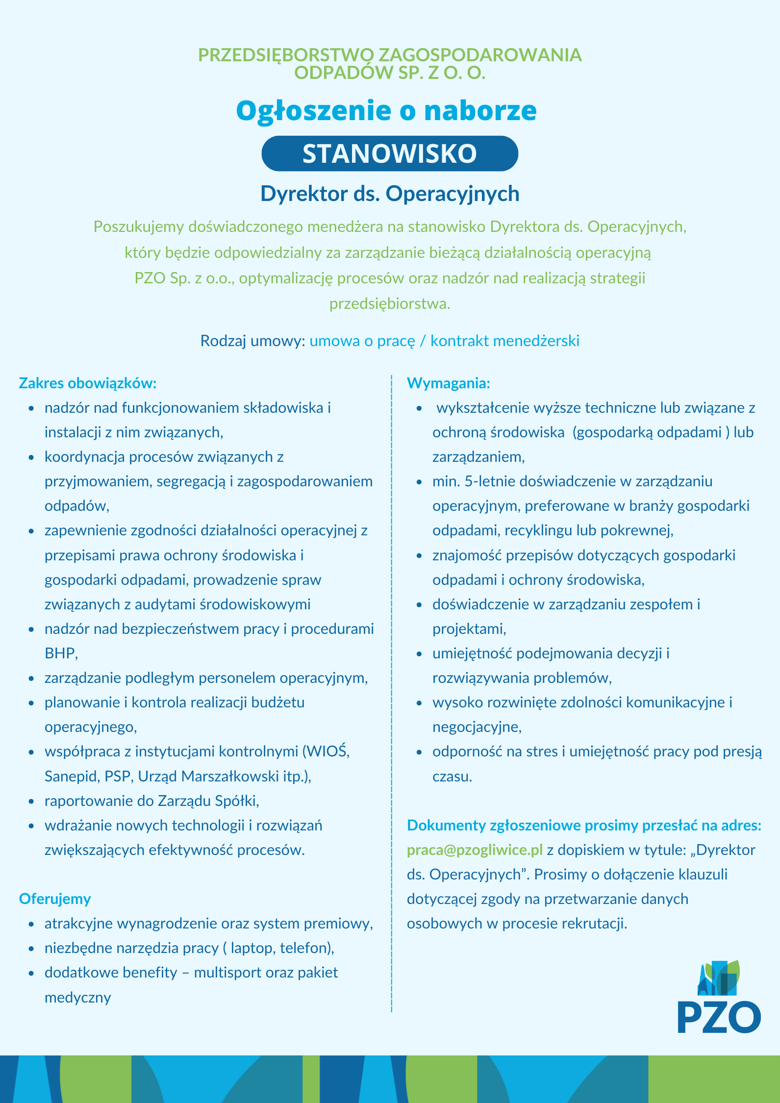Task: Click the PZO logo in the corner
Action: tap(719, 998)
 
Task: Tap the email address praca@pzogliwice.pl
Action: tap(475, 850)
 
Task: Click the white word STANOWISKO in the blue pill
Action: tap(390, 153)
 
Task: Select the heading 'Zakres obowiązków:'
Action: tap(87, 383)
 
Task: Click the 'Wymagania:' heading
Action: tap(449, 383)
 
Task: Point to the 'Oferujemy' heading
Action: tap(55, 899)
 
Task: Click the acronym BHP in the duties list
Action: tap(60, 653)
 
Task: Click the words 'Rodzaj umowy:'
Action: tap(253, 341)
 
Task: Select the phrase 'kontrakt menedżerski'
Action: tap(505, 341)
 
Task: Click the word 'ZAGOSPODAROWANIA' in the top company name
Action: tap(480, 55)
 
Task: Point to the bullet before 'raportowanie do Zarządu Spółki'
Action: tap(31, 801)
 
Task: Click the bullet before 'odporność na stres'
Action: tap(419, 752)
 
